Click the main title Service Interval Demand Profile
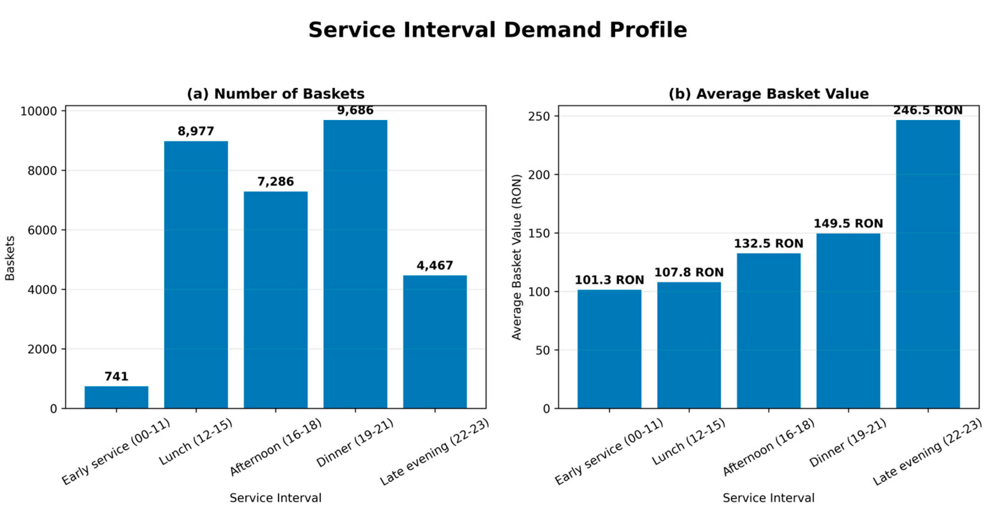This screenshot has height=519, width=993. (497, 30)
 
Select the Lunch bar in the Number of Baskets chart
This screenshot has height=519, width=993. (196, 275)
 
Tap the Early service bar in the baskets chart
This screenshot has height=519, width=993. (116, 397)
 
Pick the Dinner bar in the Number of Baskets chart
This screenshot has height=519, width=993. (355, 264)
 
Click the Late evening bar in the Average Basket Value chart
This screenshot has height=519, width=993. (928, 264)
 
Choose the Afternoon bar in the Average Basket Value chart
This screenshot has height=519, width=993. (769, 331)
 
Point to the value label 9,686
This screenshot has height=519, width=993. (355, 110)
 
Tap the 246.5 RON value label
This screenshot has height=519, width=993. (928, 110)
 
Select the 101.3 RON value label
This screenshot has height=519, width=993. (610, 280)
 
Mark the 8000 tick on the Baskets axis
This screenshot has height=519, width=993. (42, 171)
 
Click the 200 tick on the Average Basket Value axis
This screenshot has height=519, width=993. (538, 175)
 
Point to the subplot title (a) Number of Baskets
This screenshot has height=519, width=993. (276, 93)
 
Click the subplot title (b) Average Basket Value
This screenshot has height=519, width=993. (769, 93)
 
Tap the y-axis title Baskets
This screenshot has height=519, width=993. (10, 258)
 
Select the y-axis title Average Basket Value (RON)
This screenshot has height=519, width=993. (516, 257)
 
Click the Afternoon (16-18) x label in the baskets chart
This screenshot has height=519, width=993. (276, 447)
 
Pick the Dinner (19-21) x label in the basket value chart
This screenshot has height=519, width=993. (848, 443)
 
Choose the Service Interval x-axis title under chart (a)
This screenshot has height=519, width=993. (276, 498)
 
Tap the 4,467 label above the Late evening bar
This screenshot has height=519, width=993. (435, 265)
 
